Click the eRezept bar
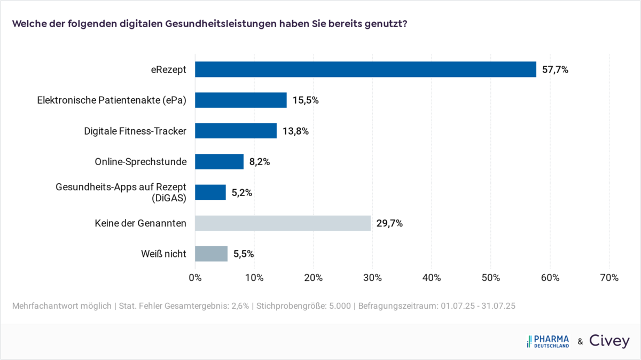365,69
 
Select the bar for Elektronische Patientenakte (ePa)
240,100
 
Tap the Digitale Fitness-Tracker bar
236,131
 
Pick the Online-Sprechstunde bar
219,162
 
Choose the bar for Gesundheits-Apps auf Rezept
210,192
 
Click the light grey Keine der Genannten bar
283,223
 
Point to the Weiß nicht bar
211,254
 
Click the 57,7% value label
555,70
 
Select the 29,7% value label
389,224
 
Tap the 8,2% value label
260,162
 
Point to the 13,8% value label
295,131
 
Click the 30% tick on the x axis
372,278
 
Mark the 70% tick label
609,278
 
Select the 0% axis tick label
195,278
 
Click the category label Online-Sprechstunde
140,162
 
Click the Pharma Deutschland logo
548,341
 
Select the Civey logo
609,341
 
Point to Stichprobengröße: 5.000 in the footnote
303,306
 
